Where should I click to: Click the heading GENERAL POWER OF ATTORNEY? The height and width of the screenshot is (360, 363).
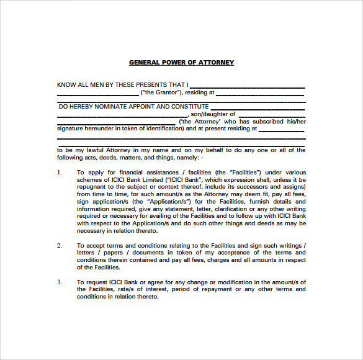[181, 62]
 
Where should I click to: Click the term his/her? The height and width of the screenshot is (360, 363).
[297, 122]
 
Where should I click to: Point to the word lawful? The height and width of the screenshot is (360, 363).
[100, 150]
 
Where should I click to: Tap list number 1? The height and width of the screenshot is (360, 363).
[60, 171]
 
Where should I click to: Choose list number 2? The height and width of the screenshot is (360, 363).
[60, 245]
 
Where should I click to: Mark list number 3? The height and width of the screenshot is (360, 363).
[60, 282]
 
